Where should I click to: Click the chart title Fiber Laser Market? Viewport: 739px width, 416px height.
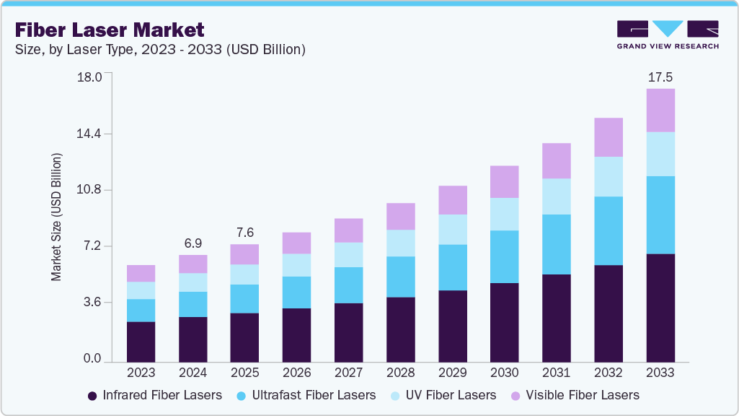pos(109,30)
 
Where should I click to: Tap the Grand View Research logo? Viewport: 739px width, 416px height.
pos(668,34)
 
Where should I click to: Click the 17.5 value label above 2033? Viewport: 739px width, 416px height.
pos(660,77)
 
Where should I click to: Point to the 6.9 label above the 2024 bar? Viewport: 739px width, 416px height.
pos(193,242)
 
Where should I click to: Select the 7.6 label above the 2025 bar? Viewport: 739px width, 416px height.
pos(244,233)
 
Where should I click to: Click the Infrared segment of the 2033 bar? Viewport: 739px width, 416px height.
pos(660,308)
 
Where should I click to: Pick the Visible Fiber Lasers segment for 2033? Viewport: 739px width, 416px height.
pos(660,110)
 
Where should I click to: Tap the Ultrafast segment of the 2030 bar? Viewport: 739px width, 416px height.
pos(504,256)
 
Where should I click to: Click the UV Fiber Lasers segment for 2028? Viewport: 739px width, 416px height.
pos(400,243)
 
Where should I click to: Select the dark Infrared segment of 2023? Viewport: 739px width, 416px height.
pos(141,342)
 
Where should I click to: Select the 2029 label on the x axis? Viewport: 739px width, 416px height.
pos(452,373)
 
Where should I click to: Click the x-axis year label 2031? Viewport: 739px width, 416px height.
pos(556,373)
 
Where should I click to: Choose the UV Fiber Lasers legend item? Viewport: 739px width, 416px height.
pos(451,395)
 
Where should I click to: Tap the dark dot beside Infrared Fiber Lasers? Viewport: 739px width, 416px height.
pos(92,396)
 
